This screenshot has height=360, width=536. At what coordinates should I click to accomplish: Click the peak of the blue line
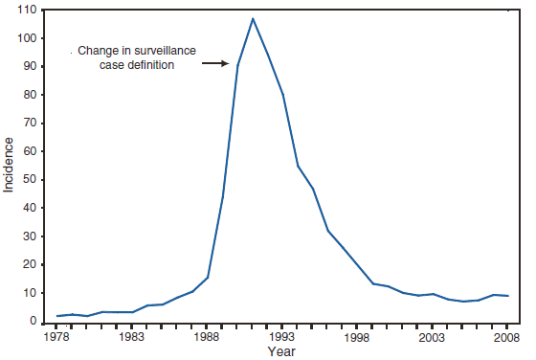[253, 19]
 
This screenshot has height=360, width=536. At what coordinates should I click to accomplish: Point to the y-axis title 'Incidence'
[10, 164]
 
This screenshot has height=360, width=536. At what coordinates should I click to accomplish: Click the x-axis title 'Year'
[281, 352]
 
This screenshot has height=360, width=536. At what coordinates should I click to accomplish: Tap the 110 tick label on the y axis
[28, 10]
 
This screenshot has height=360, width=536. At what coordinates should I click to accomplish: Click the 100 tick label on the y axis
[28, 38]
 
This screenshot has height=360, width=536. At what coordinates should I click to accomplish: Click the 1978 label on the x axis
[57, 337]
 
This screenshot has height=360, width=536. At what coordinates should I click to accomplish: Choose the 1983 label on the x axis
[132, 337]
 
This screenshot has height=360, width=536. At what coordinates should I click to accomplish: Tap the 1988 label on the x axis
[207, 337]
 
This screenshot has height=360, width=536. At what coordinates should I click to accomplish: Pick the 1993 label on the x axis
[281, 337]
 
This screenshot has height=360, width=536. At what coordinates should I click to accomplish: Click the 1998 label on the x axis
[357, 337]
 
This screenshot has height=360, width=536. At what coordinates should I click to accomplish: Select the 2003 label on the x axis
[432, 337]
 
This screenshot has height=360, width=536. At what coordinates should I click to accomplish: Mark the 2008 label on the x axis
[506, 337]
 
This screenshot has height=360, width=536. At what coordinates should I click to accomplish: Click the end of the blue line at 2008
[506, 296]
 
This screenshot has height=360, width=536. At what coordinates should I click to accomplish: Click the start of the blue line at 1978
[57, 316]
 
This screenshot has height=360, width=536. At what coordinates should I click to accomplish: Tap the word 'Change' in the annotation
[96, 51]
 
